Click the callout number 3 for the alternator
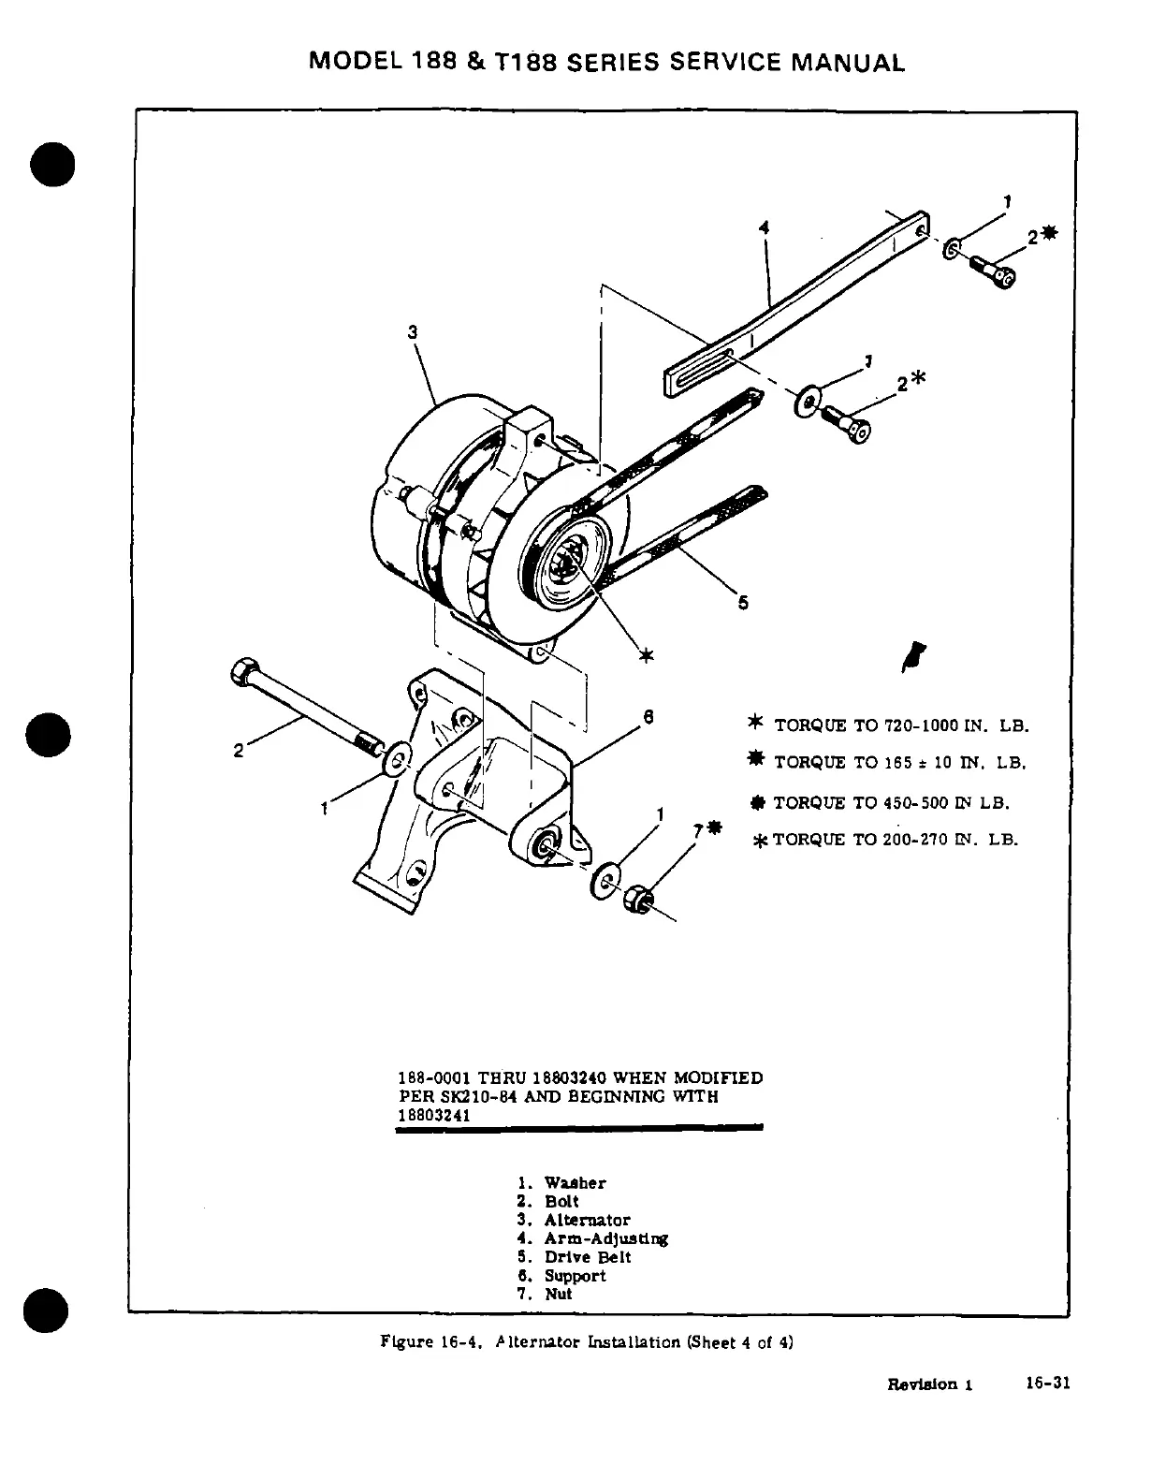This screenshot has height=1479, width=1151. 413,331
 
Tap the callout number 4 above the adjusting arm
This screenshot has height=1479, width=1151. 765,227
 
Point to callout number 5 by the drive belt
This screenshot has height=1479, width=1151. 743,603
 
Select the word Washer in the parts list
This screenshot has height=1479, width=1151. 575,1183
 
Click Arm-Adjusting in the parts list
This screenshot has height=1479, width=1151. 605,1238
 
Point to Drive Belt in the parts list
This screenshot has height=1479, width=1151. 588,1257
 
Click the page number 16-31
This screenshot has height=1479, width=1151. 1047,1384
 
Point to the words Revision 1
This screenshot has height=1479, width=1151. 930,1384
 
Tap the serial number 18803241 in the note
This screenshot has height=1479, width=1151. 433,1116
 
